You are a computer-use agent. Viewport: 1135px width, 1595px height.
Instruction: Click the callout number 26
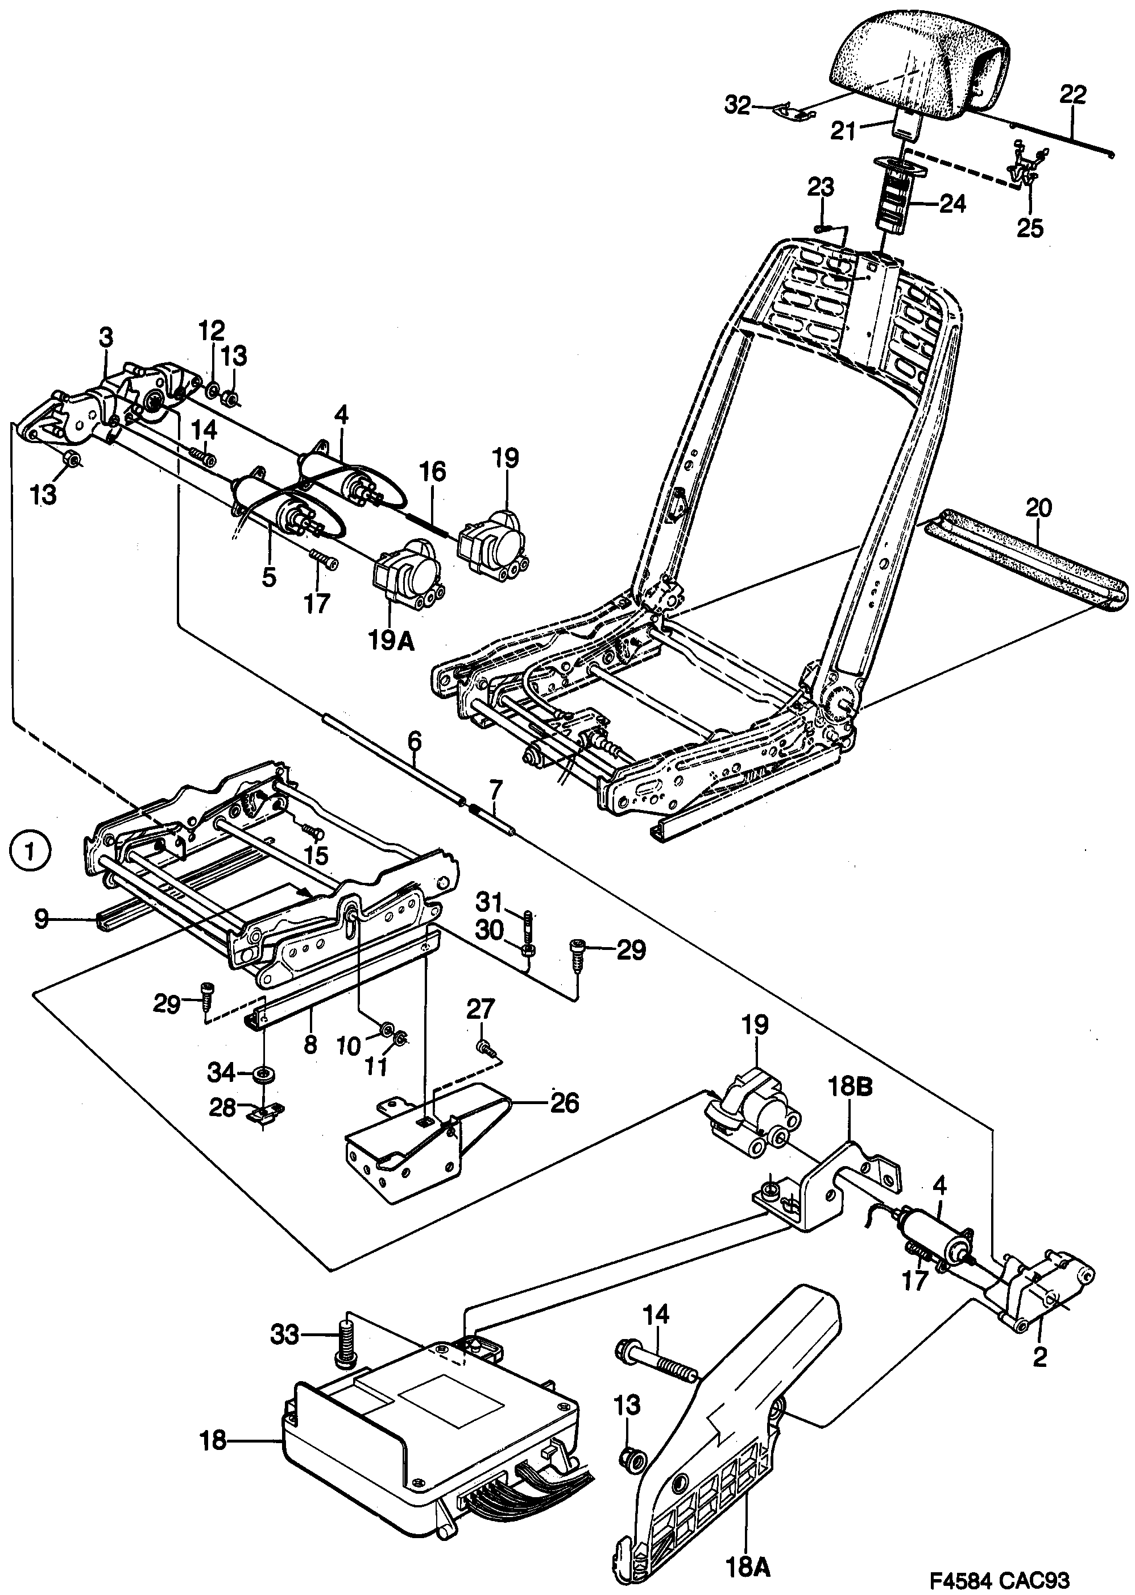565,1103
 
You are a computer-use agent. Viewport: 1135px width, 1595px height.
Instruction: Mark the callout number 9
42,919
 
